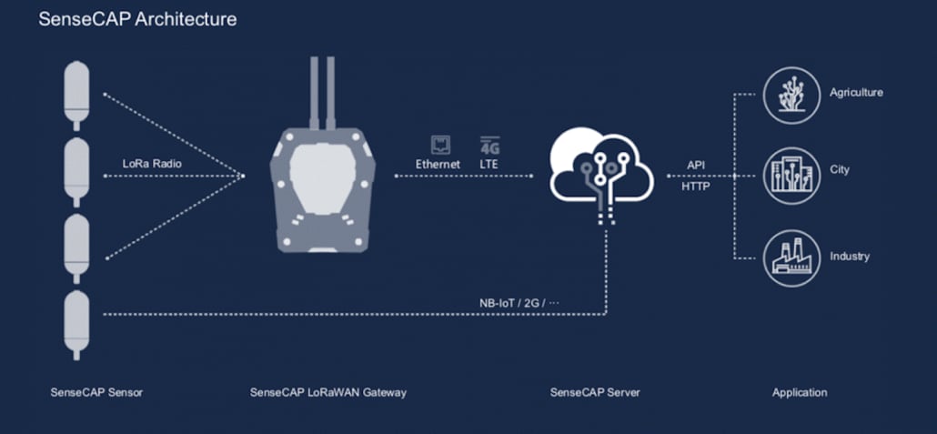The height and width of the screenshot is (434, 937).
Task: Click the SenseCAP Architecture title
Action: coord(137,20)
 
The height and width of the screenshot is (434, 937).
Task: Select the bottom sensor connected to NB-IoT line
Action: coord(76,324)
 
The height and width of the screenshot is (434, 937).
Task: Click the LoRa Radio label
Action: coord(153,164)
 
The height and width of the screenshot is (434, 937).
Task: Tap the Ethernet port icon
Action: coord(440,144)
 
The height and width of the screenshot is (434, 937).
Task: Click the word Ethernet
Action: coord(438,164)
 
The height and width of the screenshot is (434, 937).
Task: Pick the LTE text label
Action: coord(489,164)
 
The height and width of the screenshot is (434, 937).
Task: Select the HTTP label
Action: coord(696,187)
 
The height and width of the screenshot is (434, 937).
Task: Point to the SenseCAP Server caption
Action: coord(595,392)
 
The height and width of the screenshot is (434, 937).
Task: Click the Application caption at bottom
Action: coord(800,392)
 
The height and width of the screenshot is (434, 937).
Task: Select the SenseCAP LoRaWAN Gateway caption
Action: coord(327,392)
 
